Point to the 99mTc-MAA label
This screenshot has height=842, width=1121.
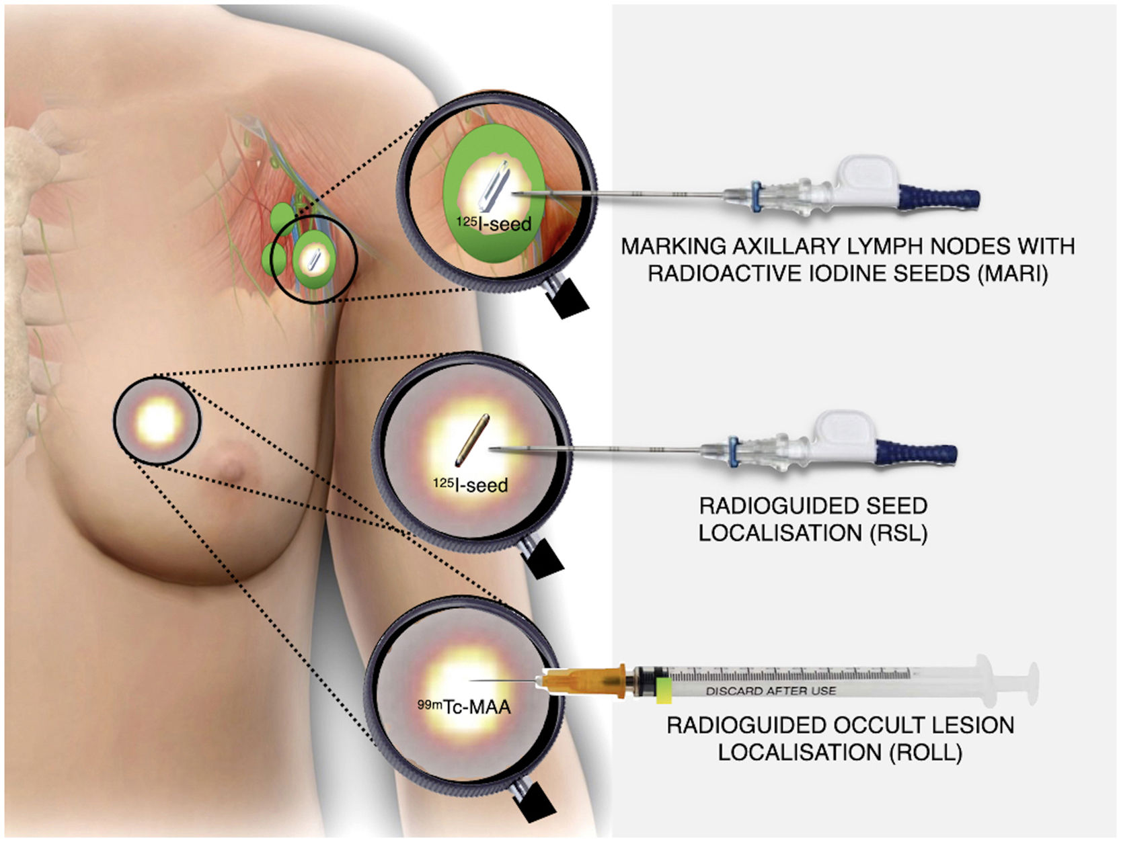pos(464,706)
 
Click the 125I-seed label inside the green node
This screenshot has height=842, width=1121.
pos(494,223)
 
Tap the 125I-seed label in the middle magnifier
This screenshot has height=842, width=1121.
pos(470,484)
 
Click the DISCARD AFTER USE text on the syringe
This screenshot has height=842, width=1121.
pos(771,691)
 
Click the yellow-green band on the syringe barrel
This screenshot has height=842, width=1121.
pos(664,690)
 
